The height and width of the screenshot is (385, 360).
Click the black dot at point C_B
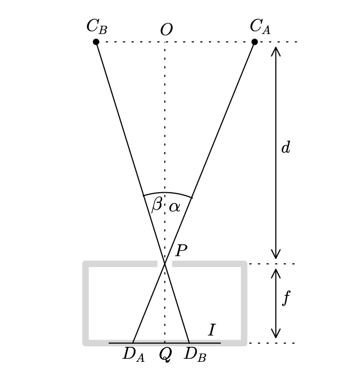click(96, 42)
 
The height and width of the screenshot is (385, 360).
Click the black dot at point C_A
click(254, 42)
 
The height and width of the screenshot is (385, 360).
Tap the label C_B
click(96, 27)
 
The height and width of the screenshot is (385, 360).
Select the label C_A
click(260, 27)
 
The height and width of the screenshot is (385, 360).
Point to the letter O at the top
click(166, 30)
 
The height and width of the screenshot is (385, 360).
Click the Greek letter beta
click(156, 205)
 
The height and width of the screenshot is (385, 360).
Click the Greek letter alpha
click(174, 207)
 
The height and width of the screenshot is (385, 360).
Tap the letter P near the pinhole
click(181, 252)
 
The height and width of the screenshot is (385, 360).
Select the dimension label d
click(285, 148)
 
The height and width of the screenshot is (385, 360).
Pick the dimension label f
click(286, 298)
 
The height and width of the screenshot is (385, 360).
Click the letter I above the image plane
click(211, 330)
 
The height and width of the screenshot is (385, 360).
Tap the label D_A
click(133, 355)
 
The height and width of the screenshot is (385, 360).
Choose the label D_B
click(195, 355)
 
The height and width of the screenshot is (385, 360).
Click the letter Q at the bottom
click(165, 355)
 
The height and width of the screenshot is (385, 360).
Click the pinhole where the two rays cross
click(165, 264)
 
